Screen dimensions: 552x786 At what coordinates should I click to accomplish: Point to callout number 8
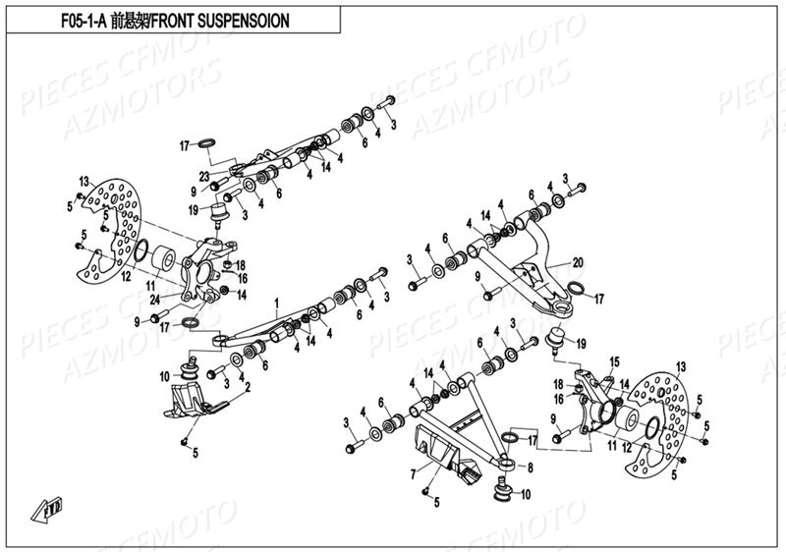click(531, 469)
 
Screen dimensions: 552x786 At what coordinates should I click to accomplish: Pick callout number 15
click(616, 361)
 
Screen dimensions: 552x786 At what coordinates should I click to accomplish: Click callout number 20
click(578, 262)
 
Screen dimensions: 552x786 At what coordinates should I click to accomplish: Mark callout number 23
click(205, 177)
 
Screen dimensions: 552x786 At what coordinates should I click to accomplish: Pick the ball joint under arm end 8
click(502, 487)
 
